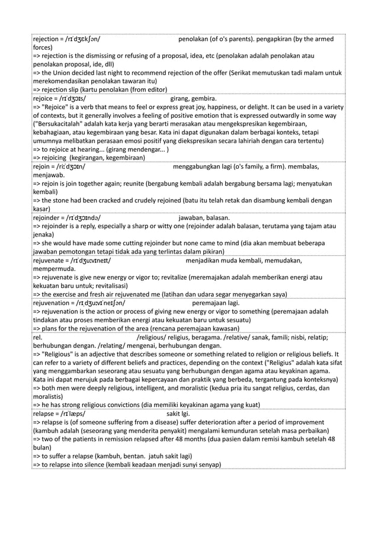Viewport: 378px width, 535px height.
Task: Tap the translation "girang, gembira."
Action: click(x=193, y=98)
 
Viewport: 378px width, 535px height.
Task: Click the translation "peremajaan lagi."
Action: click(x=216, y=303)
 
